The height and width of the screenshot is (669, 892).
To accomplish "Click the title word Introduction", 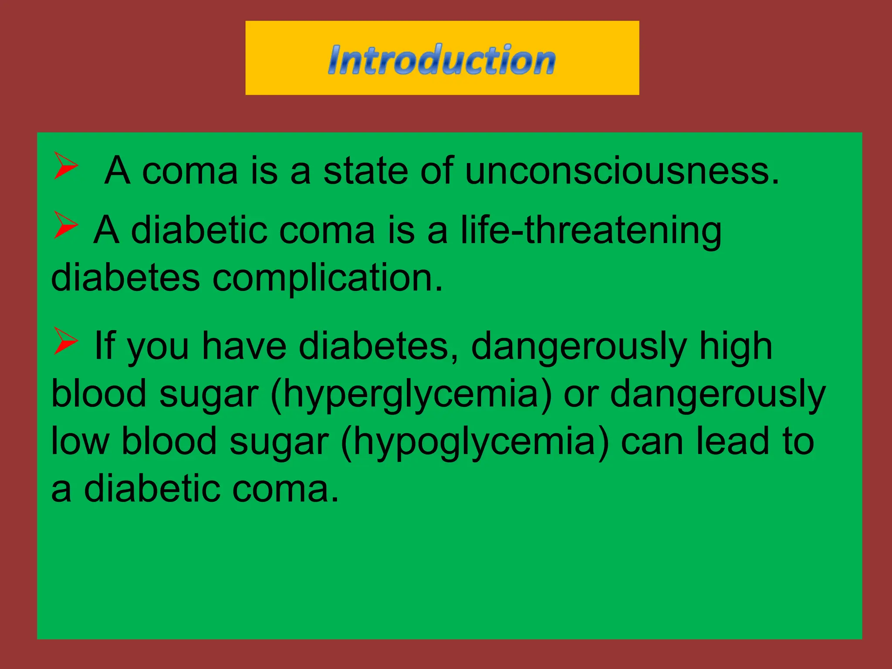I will pyautogui.click(x=442, y=60).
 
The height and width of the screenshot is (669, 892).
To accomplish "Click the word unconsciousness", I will pyautogui.click(x=622, y=171).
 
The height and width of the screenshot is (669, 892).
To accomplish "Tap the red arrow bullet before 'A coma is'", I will pyautogui.click(x=65, y=166).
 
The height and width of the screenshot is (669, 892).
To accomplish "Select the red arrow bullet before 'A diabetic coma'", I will pyautogui.click(x=65, y=225).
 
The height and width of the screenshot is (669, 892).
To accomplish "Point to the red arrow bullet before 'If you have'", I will pyautogui.click(x=65, y=341).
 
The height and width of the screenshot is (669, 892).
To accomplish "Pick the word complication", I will pyautogui.click(x=327, y=278).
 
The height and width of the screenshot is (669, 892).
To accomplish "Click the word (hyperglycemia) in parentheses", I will pyautogui.click(x=411, y=394).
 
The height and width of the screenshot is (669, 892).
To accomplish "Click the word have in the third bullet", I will pyautogui.click(x=244, y=346).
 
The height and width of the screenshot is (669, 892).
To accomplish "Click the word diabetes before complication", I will pyautogui.click(x=125, y=278).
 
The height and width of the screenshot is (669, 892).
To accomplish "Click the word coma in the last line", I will pyautogui.click(x=285, y=489).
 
